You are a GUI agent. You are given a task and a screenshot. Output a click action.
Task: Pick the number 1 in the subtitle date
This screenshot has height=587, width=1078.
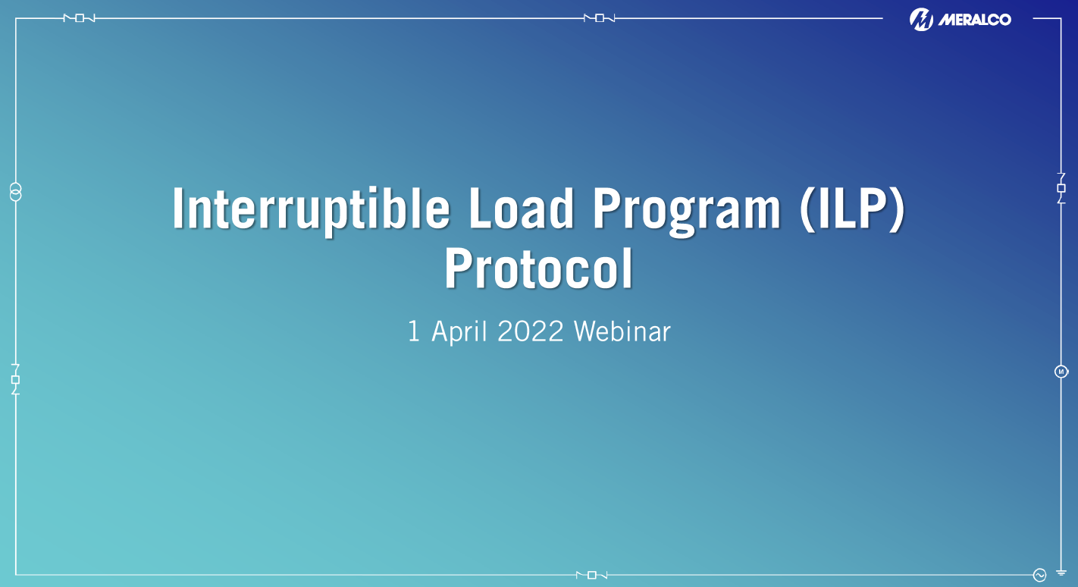tap(414, 331)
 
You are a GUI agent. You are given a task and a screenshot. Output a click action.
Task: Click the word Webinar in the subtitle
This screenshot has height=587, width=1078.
tap(622, 331)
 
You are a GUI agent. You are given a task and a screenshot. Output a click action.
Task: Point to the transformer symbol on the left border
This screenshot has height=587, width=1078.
tap(15, 192)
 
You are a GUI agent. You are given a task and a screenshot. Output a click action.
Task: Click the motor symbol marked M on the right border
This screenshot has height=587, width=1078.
tap(1061, 372)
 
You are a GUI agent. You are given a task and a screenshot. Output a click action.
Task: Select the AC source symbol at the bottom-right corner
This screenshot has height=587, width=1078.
tap(1039, 575)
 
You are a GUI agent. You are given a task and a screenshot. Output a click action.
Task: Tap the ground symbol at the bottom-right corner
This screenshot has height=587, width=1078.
tap(1061, 574)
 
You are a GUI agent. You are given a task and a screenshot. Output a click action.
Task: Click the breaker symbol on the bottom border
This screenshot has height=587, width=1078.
tap(592, 575)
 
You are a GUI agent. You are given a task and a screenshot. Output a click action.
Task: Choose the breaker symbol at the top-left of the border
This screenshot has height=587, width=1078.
tap(80, 18)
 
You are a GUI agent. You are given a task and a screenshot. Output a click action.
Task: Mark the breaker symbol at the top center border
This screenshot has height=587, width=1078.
tap(600, 18)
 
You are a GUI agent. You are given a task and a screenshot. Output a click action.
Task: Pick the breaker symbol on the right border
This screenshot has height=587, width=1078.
tap(1061, 188)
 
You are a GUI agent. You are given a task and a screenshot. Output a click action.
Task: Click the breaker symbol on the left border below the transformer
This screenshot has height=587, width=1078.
tap(15, 379)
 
